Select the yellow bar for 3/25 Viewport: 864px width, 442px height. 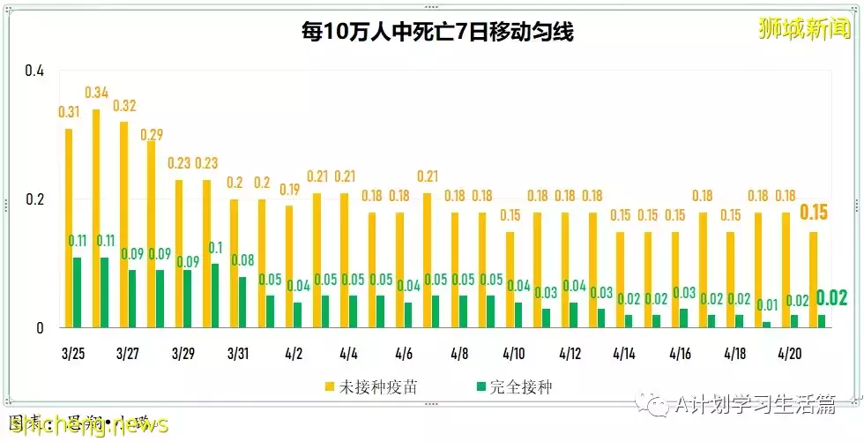pyautogui.click(x=69, y=228)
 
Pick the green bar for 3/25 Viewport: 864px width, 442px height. pyautogui.click(x=78, y=292)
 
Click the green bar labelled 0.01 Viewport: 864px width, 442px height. pyautogui.click(x=766, y=325)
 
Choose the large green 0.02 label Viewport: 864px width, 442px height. pyautogui.click(x=831, y=298)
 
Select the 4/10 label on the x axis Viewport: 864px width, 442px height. pyautogui.click(x=513, y=354)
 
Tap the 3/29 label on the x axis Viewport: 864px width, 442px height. pyautogui.click(x=183, y=354)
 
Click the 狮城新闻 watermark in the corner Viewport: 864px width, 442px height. pyautogui.click(x=805, y=27)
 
